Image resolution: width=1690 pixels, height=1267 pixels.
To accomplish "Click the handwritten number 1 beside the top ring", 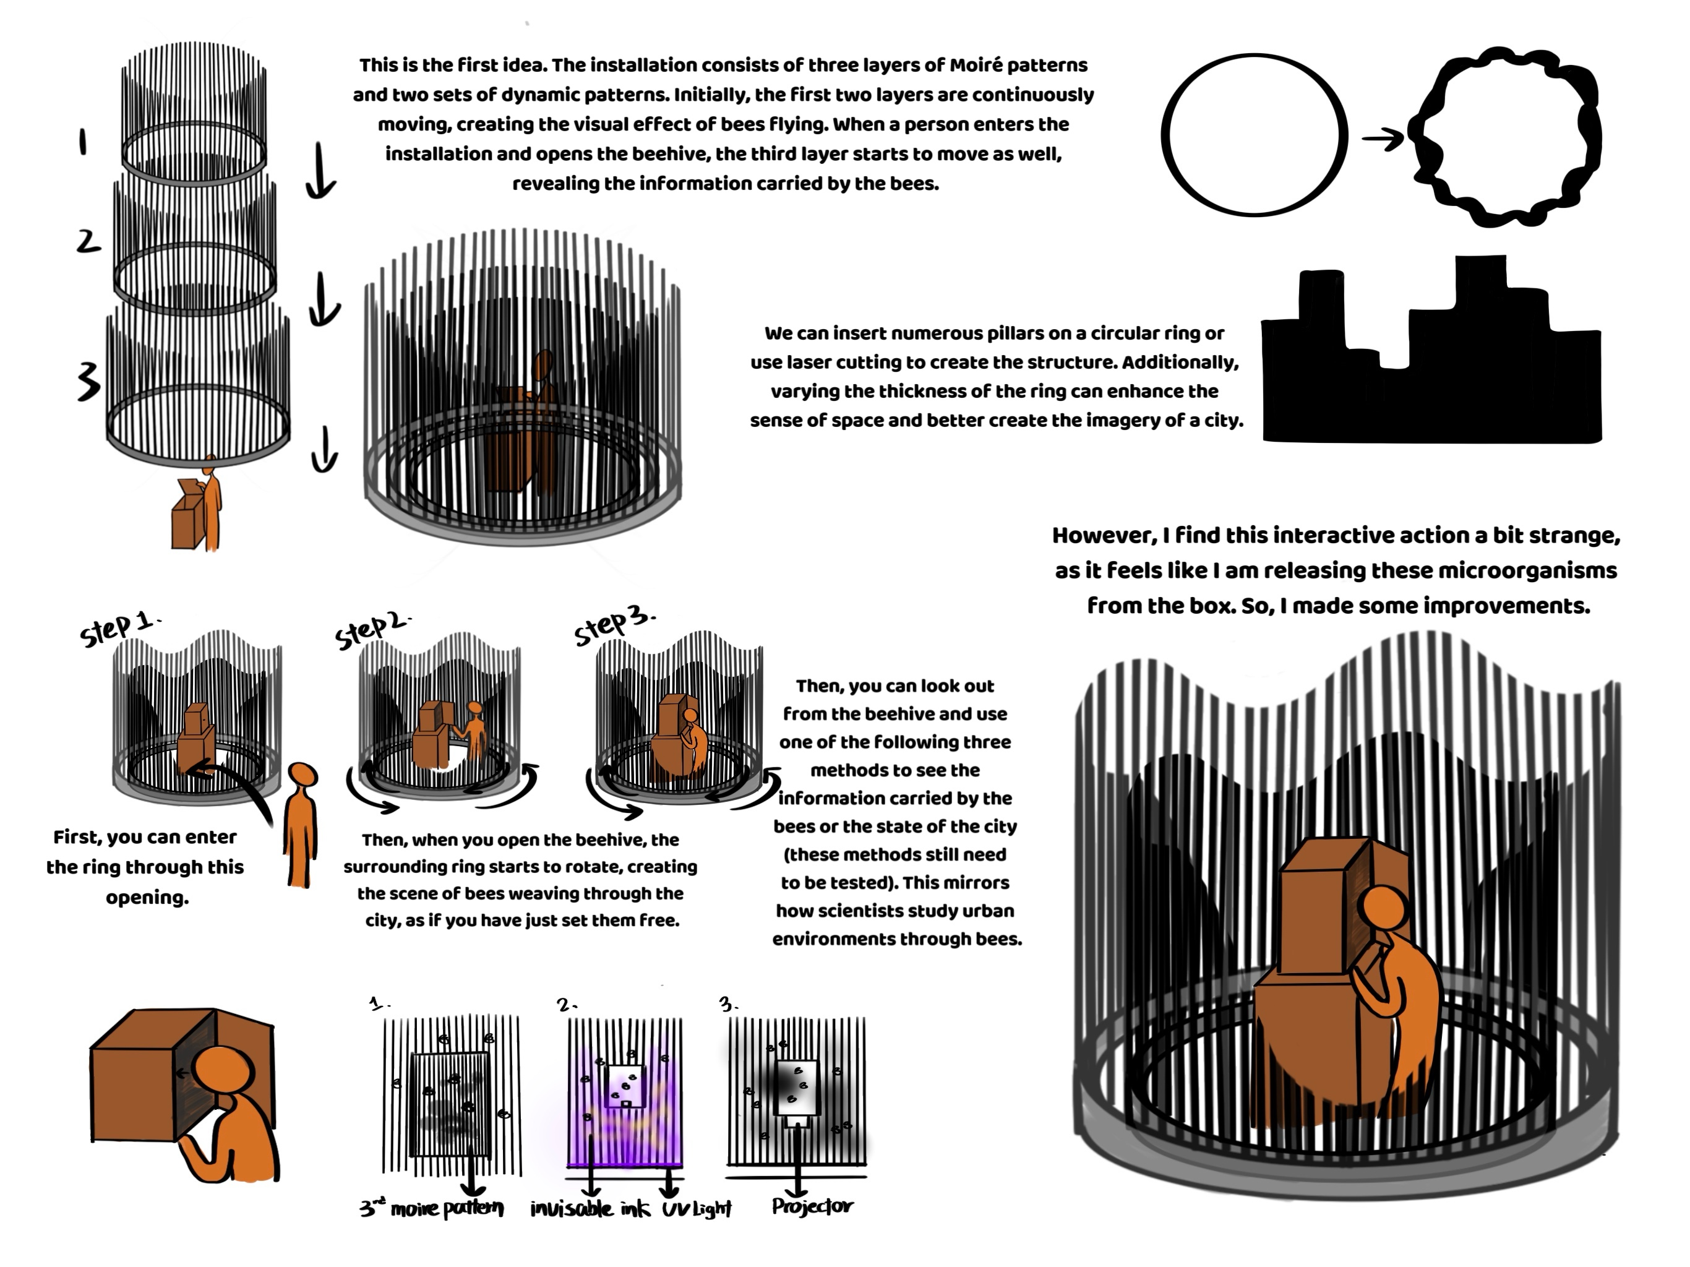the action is pos(82,142).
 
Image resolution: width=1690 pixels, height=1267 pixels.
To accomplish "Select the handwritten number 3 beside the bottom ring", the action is pos(88,380).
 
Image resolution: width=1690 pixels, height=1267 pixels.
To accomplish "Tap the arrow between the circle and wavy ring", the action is pos(1383,139).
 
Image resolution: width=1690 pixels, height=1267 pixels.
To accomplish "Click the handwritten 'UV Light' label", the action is pos(697,1209).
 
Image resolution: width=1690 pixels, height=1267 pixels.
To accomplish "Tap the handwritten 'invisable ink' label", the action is pos(592,1208).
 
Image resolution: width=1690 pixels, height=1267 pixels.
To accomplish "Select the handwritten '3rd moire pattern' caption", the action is pos(432,1208).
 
